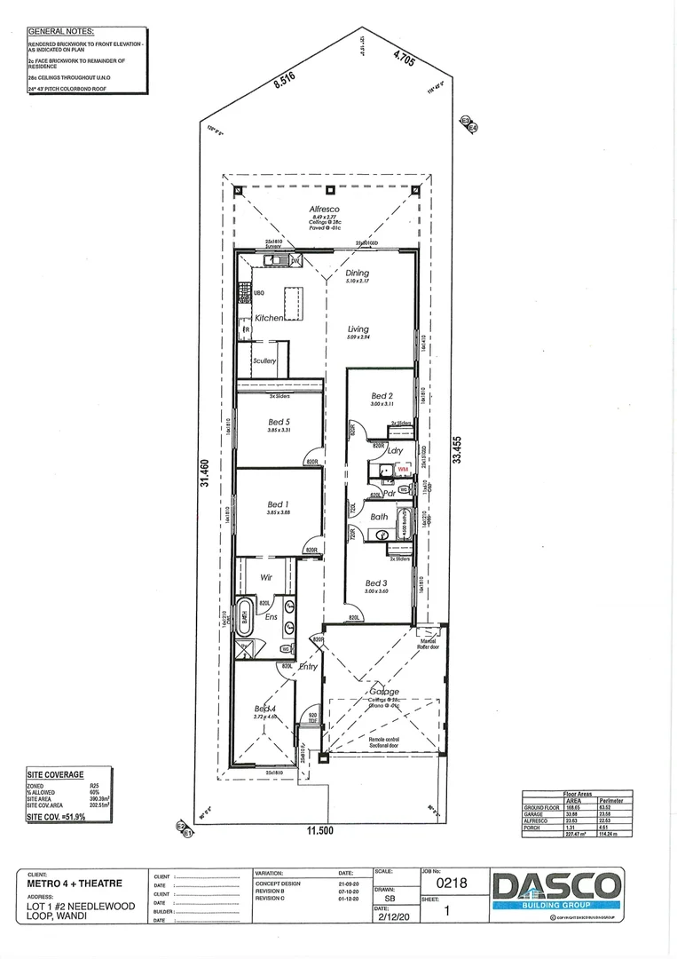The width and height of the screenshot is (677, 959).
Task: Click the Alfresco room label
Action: pos(325,210)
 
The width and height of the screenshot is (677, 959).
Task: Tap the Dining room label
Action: pos(357,273)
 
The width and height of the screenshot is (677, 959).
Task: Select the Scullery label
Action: pos(264,361)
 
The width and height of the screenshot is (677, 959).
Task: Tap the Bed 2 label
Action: pos(382,396)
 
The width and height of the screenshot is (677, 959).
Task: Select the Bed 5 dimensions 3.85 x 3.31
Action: pos(279,431)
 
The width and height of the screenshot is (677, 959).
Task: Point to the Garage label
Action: pos(386,691)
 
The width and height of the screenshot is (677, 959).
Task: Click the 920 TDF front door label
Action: pos(312,717)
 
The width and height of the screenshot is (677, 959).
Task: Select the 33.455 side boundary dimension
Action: pos(458,449)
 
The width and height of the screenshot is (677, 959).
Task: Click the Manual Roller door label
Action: pos(429,644)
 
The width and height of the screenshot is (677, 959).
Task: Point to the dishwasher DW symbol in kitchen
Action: pos(295,260)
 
